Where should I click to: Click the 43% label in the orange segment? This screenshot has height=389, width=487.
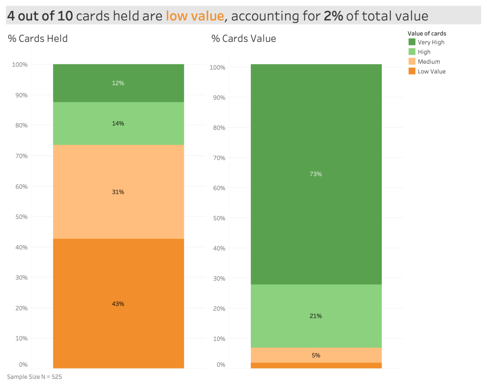coord(118,304)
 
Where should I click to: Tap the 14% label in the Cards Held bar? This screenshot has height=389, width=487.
coord(118,123)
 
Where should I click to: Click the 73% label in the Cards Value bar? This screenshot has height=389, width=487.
coord(316,174)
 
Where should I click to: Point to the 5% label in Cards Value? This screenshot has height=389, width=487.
coord(316,356)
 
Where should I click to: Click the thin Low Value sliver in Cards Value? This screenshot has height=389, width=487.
coord(316,365)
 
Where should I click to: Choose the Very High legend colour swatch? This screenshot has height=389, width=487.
coord(412,42)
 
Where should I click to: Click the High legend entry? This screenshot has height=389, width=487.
coord(424,52)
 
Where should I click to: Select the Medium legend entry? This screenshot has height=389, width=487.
coord(428,62)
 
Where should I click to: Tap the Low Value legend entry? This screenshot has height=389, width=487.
coord(431,71)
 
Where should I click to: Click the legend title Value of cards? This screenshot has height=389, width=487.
coord(427,33)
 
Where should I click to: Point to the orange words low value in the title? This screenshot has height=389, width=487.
coord(195,16)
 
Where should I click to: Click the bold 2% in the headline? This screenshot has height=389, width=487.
coord(333,16)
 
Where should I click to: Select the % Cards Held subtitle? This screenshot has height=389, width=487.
coord(38,38)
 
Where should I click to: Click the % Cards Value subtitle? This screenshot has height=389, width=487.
coord(243,38)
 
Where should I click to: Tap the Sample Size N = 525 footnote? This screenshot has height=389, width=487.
coord(34,377)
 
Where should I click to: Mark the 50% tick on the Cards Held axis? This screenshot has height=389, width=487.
coord(21,217)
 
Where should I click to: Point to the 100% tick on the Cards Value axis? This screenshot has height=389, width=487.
coord(217,68)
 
